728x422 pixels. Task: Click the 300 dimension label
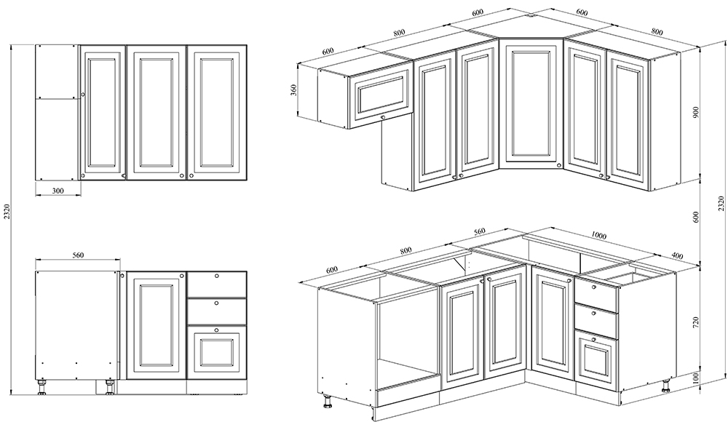click(x=58, y=191)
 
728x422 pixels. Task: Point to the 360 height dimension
click(x=293, y=90)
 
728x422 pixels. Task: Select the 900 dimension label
click(x=695, y=112)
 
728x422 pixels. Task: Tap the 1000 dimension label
click(x=599, y=236)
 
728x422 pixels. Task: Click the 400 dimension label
click(x=677, y=256)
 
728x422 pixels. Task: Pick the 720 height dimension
click(x=695, y=322)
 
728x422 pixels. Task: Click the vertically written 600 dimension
click(x=695, y=218)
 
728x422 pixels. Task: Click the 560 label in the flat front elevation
click(x=78, y=255)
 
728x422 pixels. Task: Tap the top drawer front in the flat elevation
click(x=217, y=284)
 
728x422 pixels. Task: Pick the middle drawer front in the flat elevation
click(x=217, y=311)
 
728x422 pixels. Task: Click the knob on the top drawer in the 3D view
click(x=594, y=287)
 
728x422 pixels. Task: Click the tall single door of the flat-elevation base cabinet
click(x=156, y=325)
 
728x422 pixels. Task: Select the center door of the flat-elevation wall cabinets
click(x=157, y=112)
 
